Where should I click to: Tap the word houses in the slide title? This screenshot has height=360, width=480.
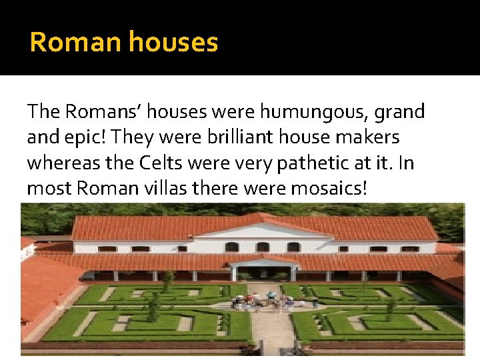click(x=173, y=43)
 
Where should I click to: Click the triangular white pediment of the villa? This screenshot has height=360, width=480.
click(x=263, y=231)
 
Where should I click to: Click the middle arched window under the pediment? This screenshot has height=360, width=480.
click(x=263, y=247)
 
